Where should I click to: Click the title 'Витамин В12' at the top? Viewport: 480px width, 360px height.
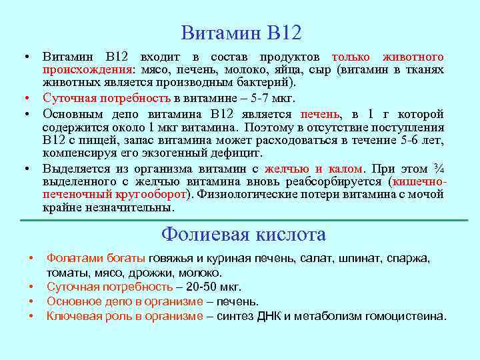pyautogui.click(x=241, y=31)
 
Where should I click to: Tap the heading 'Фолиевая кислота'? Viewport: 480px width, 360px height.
pyautogui.click(x=243, y=235)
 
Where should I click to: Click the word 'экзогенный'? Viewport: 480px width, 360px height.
pyautogui.click(x=155, y=153)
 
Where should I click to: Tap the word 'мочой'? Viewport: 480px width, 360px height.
pyautogui.click(x=426, y=194)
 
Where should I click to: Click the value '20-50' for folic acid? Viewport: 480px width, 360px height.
pyautogui.click(x=203, y=287)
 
